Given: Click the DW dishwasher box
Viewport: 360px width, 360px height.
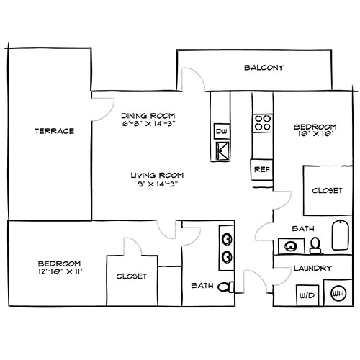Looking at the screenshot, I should pyautogui.click(x=222, y=132).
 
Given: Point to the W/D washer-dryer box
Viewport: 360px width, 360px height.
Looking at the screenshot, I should pyautogui.click(x=305, y=295).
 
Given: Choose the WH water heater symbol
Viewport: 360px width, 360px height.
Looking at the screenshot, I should pyautogui.click(x=337, y=294).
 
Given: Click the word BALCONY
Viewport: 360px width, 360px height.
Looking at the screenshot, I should pyautogui.click(x=264, y=68).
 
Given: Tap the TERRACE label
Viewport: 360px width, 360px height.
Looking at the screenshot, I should pyautogui.click(x=55, y=131).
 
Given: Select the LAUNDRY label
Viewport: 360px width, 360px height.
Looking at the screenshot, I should pyautogui.click(x=312, y=269).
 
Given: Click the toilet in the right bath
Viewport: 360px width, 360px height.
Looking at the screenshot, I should pyautogui.click(x=315, y=246).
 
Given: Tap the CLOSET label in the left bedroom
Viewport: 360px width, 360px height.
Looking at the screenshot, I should pyautogui.click(x=131, y=276).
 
